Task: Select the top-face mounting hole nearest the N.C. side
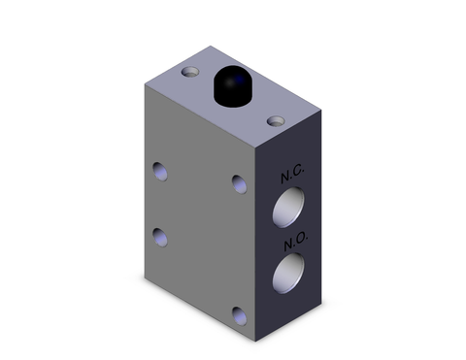[x=277, y=121]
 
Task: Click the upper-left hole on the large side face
[x=160, y=172]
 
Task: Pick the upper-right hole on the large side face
[x=239, y=180]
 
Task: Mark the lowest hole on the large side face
[x=239, y=312]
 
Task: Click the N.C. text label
[x=293, y=177]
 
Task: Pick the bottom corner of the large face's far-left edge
[x=145, y=274]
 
